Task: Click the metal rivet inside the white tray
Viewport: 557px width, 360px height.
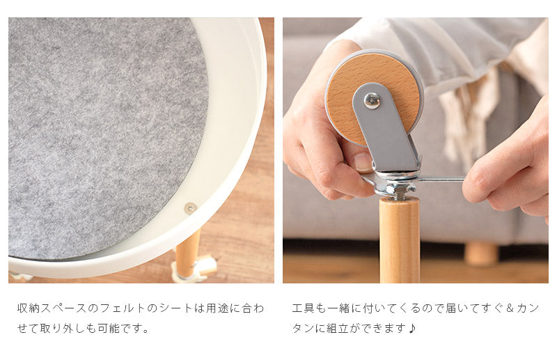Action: pos(190,208)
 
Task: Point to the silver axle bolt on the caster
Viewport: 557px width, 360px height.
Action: pos(372,100)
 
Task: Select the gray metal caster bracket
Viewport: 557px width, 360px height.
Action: pos(386,128)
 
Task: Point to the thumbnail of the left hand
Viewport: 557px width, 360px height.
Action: pos(363,162)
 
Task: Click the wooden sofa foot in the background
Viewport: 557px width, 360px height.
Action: pos(481,253)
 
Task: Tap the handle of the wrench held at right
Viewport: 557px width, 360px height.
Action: pos(441,179)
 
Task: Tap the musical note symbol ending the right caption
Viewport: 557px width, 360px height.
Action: pos(412,329)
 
